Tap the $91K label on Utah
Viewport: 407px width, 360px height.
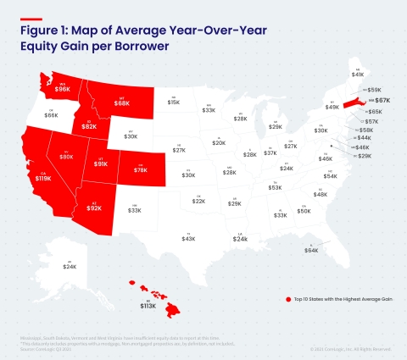(100, 164)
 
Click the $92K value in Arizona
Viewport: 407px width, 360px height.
(95, 208)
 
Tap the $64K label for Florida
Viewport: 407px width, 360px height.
(311, 250)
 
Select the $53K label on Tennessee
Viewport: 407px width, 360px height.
(276, 187)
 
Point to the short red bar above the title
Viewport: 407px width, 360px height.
(31, 18)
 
